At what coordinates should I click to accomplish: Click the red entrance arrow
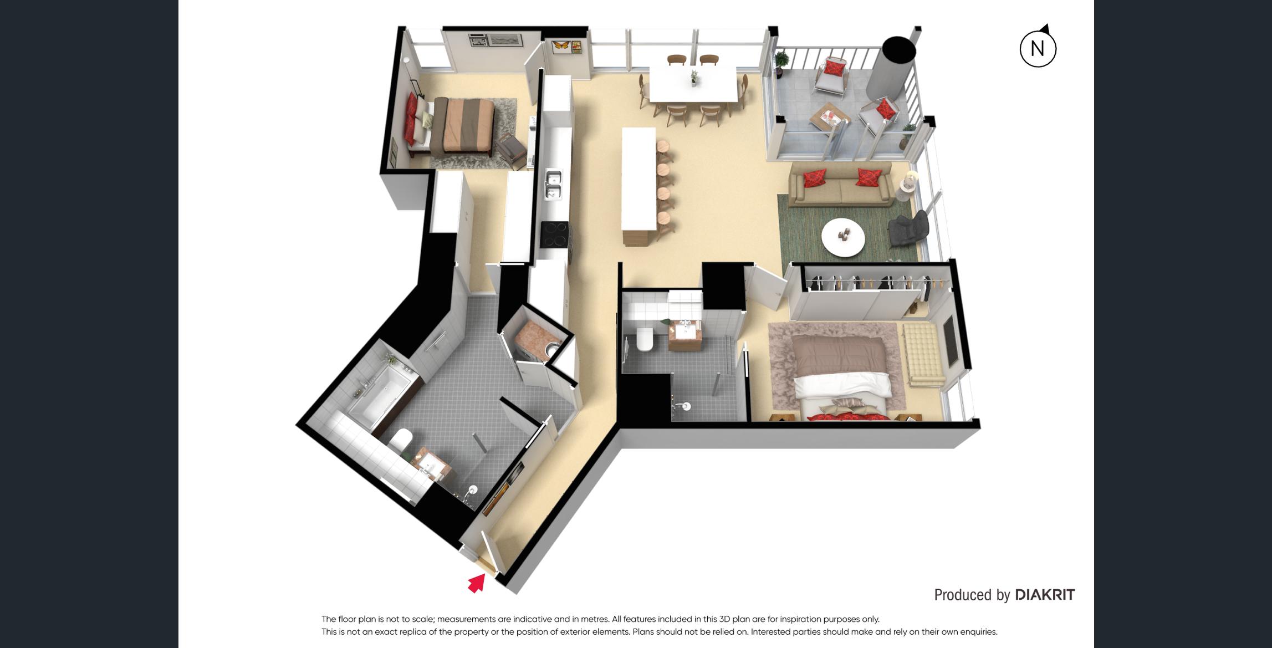477,583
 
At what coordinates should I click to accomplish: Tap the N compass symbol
1038,47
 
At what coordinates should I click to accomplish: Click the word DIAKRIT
1045,595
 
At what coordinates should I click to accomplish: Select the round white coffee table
843,237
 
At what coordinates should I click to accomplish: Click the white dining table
693,84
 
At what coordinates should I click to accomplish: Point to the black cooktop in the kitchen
555,234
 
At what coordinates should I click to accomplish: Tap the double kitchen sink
553,185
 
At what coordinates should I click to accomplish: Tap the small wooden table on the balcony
829,117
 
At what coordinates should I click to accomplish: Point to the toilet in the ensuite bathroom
644,339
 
